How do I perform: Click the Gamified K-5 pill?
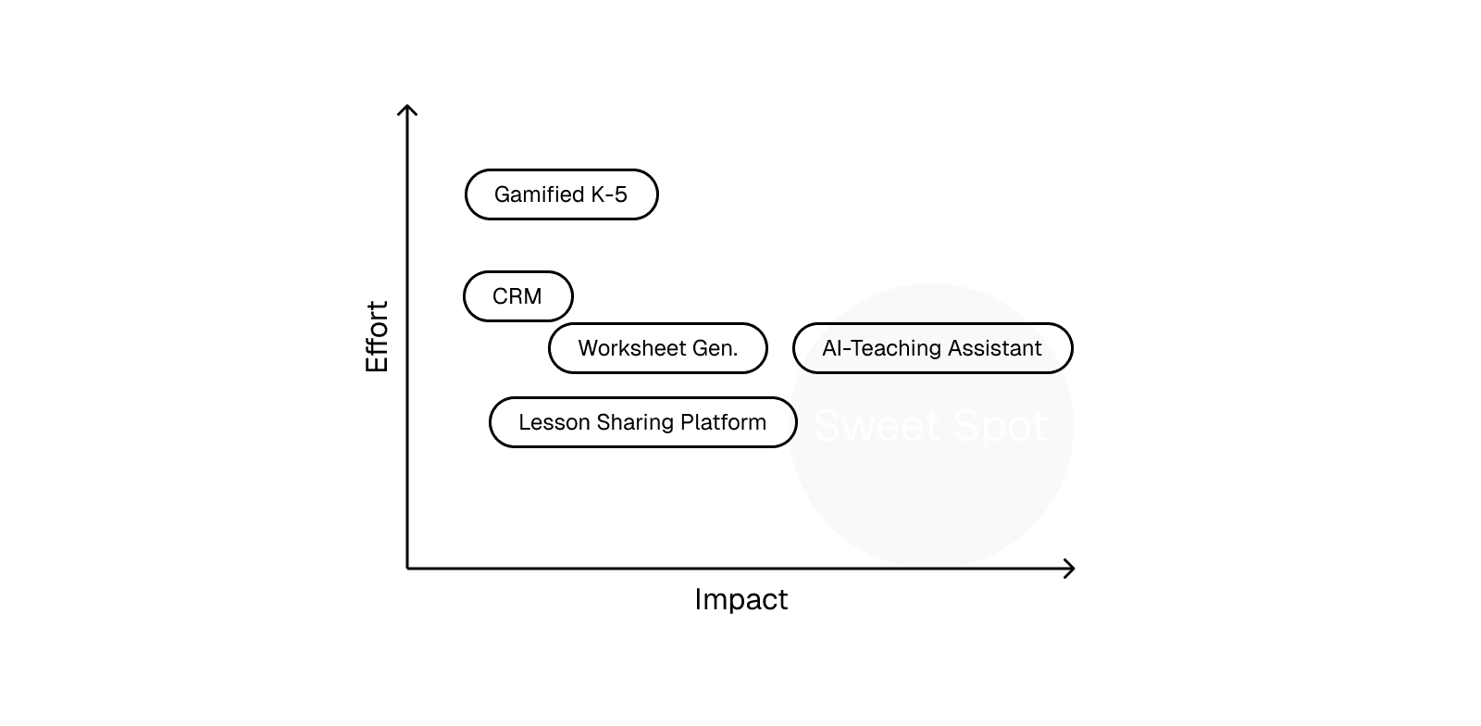point(561,194)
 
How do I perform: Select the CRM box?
point(517,296)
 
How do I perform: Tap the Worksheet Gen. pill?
point(657,348)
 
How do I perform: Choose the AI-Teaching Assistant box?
point(932,348)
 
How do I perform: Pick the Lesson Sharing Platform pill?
point(642,422)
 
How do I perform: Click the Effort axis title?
point(378,336)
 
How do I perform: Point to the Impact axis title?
point(740,600)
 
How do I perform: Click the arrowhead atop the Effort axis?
point(407,110)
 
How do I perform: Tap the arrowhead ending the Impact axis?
point(1070,568)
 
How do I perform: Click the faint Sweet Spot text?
point(930,426)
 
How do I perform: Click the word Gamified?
point(539,194)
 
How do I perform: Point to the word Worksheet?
point(631,348)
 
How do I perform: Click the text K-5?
point(608,194)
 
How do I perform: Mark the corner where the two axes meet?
point(407,568)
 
